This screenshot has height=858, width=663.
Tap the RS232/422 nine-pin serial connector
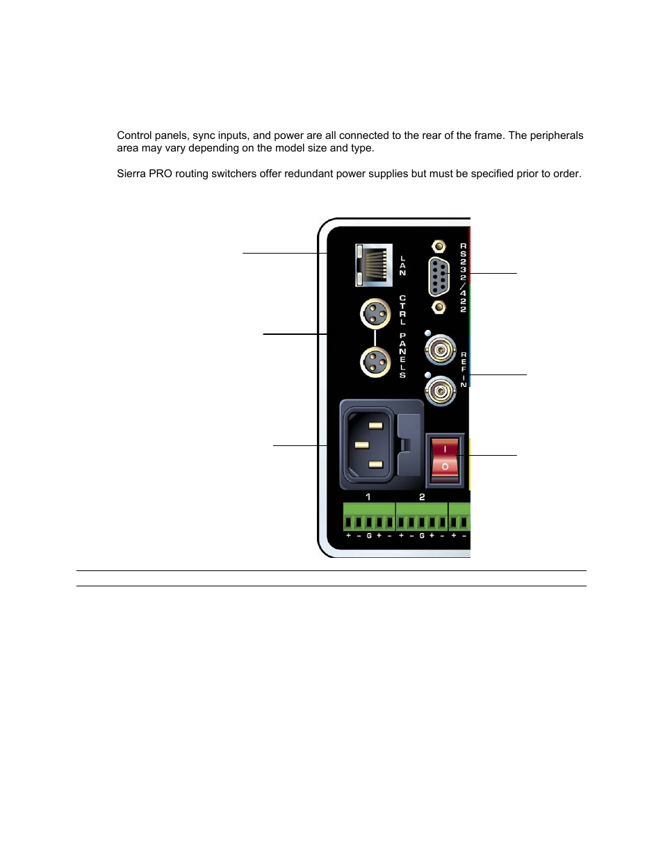point(439,277)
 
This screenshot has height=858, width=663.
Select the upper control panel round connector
point(375,313)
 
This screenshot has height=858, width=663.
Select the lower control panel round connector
point(375,362)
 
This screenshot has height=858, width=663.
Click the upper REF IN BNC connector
point(441,349)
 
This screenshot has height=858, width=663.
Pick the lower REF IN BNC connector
point(441,392)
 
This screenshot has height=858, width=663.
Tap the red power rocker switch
point(445,459)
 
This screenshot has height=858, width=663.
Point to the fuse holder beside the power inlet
point(409,445)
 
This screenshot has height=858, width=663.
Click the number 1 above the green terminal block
point(368,497)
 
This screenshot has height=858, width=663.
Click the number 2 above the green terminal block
point(422,497)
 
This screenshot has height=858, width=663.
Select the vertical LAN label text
point(402,265)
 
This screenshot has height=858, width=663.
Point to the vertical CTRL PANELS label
point(402,337)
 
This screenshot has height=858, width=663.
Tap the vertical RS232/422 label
point(463,277)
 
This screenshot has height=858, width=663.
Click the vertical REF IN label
point(464,369)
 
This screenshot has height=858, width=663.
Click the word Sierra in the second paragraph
point(131,174)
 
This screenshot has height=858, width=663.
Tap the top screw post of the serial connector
point(439,246)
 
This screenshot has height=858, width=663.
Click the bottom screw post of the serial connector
point(439,306)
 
